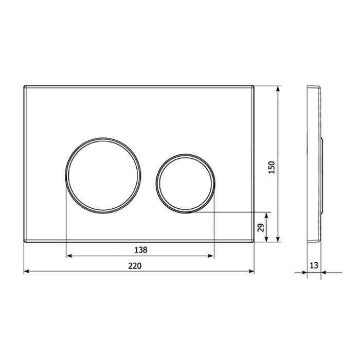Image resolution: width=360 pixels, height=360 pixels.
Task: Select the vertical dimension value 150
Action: pos(273,167)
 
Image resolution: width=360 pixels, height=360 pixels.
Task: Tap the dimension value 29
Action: pos(261,227)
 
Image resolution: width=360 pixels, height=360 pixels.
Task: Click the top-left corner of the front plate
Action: pos(24,86)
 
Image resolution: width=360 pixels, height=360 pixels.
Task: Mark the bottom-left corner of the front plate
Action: pos(24,241)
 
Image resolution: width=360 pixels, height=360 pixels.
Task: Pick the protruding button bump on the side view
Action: pos(323,175)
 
